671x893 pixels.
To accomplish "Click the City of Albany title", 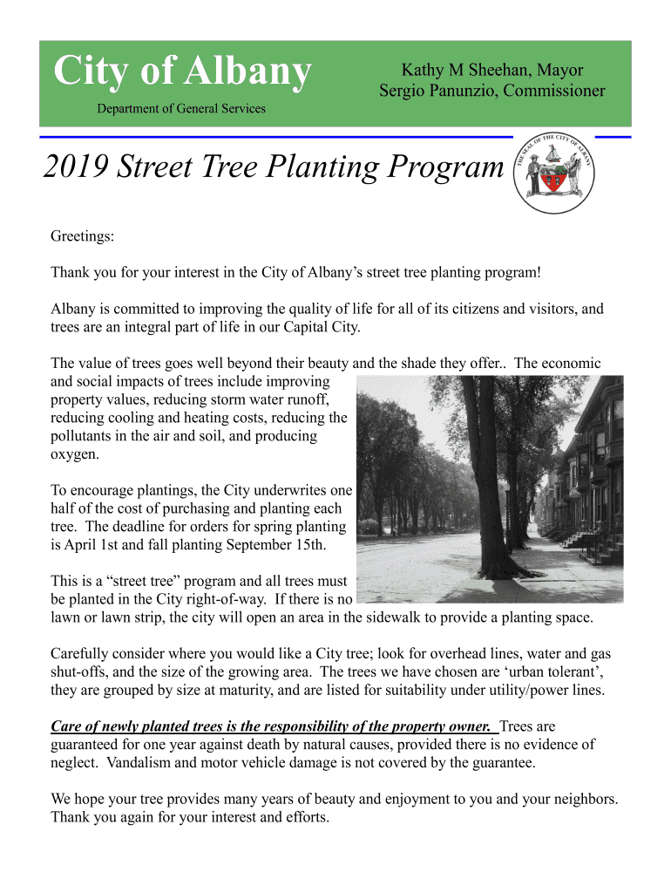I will (x=181, y=72).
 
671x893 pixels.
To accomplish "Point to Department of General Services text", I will (x=180, y=109).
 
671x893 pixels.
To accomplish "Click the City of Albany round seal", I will (x=555, y=173).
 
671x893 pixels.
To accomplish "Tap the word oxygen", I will (x=76, y=454).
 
